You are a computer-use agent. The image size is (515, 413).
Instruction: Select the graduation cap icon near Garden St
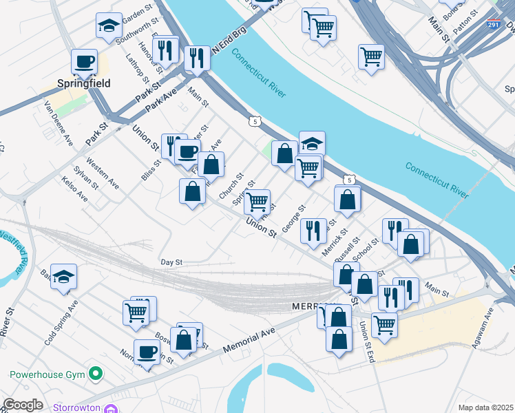pos(107,26)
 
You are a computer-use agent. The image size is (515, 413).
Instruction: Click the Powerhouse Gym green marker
pos(96,374)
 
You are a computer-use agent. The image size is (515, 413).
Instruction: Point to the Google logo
pos(22,405)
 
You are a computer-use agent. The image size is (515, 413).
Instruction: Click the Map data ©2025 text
pos(485,407)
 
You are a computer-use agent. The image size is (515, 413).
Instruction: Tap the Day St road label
pos(171,262)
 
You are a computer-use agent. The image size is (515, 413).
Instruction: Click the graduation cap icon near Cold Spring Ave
pos(64,277)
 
